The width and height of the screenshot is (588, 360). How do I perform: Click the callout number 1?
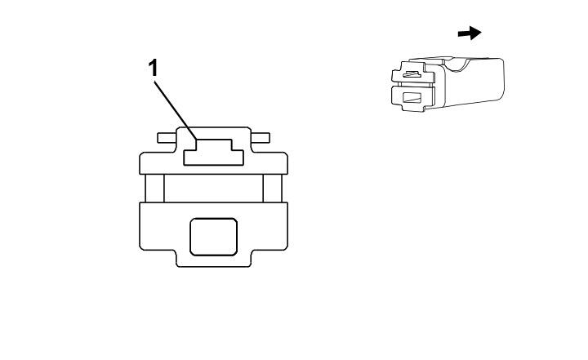coord(153,69)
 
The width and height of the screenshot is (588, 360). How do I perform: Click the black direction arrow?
coord(470,33)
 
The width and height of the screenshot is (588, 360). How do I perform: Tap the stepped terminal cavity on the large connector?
coord(213,153)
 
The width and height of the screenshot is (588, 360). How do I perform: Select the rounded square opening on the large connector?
coord(213,237)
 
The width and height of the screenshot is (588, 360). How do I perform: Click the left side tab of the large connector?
coord(167,138)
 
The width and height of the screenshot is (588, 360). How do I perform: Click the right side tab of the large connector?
coord(261,138)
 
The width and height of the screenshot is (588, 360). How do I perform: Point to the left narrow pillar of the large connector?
coord(155,189)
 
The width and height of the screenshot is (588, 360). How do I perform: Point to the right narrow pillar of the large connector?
coord(272,189)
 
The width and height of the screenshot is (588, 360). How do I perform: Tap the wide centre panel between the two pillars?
coord(213,189)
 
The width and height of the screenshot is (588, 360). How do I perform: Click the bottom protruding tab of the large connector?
coord(213,259)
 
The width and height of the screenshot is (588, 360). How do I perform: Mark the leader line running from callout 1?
coord(176,111)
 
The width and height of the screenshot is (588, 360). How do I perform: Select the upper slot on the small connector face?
coord(412,74)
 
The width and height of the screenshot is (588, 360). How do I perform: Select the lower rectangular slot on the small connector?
coord(412,98)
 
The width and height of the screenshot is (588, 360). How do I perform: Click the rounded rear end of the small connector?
coord(501,78)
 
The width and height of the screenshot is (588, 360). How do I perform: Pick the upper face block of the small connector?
coord(412,73)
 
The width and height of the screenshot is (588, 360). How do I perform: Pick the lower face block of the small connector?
coord(412,98)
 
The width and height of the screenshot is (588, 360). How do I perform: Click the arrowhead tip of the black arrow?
coord(481,33)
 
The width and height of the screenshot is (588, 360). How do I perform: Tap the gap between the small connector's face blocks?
coord(412,85)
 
